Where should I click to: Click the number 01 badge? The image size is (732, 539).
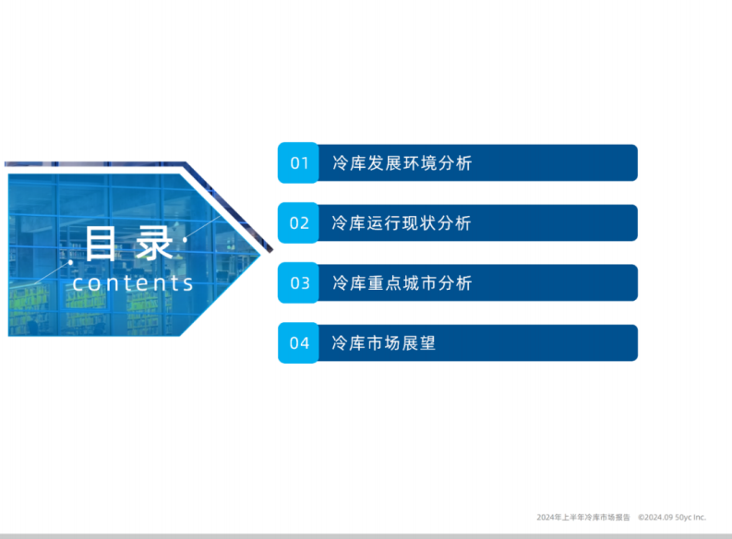point(299,163)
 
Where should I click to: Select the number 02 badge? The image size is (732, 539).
point(299,223)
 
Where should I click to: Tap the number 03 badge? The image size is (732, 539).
point(299,283)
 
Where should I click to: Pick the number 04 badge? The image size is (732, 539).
point(299,343)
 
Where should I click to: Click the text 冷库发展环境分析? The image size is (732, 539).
point(402,163)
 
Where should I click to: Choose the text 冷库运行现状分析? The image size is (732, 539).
point(402,223)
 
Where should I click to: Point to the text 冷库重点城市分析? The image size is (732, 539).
point(402,283)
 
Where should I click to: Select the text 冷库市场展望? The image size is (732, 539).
point(383,343)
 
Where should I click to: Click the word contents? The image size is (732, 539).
point(133,282)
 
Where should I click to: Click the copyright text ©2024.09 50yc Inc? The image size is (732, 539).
point(671,517)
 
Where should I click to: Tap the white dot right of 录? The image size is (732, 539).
point(186,240)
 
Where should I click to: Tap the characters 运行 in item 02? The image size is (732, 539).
point(383,223)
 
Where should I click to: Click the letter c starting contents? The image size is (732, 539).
point(78,283)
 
